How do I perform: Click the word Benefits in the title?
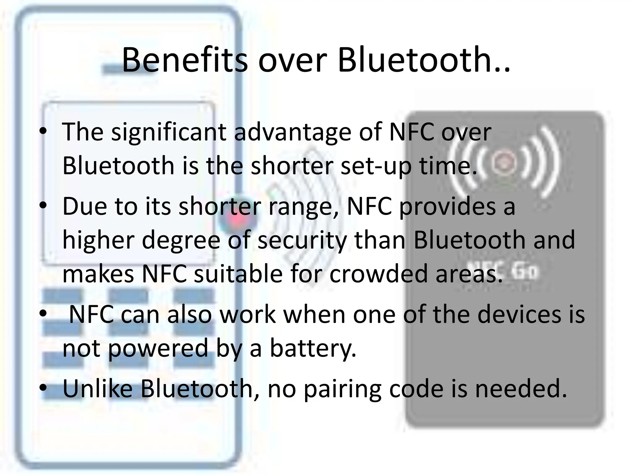pyautogui.click(x=185, y=59)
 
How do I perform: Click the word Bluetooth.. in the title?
pyautogui.click(x=423, y=59)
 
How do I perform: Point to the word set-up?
pyautogui.click(x=376, y=166)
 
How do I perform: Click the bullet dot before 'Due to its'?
pyautogui.click(x=43, y=205)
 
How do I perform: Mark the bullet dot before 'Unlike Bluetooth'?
pyautogui.click(x=43, y=387)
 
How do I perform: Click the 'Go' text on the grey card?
pyautogui.click(x=525, y=271)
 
